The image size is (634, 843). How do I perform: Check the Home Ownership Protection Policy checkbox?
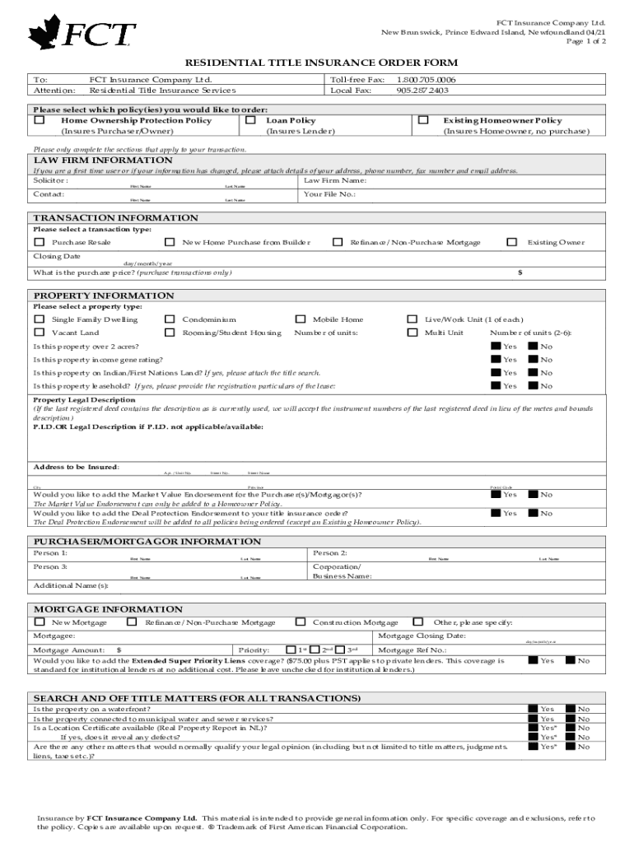click(39, 120)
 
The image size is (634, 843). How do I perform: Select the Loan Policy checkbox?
click(249, 120)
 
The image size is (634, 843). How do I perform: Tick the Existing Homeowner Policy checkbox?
click(424, 120)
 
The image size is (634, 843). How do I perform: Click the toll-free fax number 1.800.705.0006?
click(427, 80)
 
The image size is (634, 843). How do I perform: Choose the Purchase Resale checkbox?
click(39, 242)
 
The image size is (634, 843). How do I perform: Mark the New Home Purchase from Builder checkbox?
click(170, 242)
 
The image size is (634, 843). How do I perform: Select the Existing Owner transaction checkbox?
click(511, 242)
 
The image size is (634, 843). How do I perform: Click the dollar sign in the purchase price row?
click(520, 272)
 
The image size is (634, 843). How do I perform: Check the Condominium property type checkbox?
click(170, 319)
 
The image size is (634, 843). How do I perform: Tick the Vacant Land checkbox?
click(39, 333)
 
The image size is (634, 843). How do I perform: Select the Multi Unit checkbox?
click(413, 333)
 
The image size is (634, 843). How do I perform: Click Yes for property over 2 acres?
click(496, 347)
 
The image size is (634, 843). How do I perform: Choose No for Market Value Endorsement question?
click(533, 494)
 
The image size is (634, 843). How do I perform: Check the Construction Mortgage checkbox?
click(301, 622)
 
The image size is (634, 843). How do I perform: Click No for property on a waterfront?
click(570, 708)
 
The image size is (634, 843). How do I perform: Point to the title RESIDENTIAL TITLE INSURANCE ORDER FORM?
click(321, 63)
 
